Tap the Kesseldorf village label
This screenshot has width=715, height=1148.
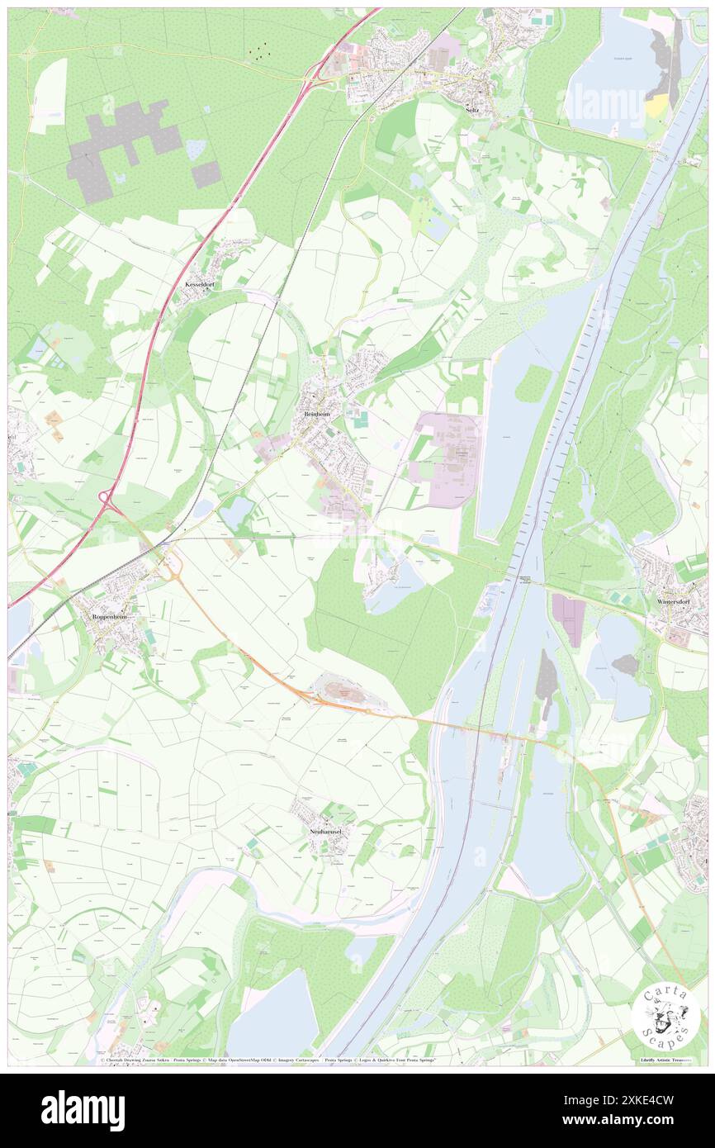(x=200, y=283)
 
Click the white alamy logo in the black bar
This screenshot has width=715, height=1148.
(x=83, y=1109)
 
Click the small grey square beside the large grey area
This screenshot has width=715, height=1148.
(x=206, y=174)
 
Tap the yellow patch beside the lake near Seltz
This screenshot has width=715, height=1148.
(x=657, y=105)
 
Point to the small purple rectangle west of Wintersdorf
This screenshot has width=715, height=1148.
(x=568, y=620)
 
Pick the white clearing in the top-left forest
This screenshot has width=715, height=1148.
(x=49, y=96)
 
